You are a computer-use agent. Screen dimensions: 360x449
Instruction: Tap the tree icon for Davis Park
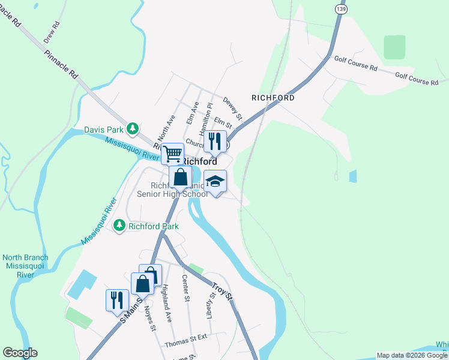point(133,128)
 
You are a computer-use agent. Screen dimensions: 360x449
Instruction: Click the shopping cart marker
point(172,154)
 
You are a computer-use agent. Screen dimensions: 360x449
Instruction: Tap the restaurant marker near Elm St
point(214,142)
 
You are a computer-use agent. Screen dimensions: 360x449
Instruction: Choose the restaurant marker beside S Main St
point(117,300)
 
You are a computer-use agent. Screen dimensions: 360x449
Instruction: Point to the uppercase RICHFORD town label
point(273,97)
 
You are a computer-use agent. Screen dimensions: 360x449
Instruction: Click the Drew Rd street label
point(52,34)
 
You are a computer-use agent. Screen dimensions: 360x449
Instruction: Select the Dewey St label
point(232,108)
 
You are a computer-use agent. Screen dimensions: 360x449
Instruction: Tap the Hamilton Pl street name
point(206,118)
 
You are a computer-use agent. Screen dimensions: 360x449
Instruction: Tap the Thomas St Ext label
point(186,345)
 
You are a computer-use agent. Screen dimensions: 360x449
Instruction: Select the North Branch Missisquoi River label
point(25,266)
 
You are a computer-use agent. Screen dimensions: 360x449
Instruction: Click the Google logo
point(20,352)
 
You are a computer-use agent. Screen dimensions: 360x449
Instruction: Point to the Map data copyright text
point(411,355)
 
